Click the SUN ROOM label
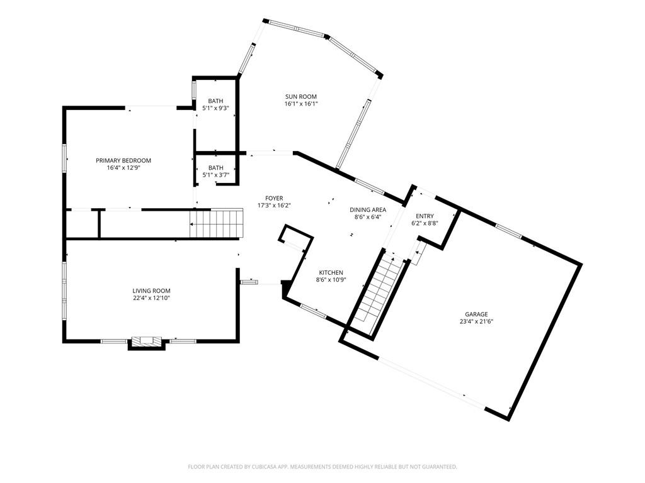pyautogui.click(x=300, y=97)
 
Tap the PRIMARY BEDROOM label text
pyautogui.click(x=123, y=160)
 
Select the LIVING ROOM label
pyautogui.click(x=151, y=291)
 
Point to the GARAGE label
pyautogui.click(x=476, y=314)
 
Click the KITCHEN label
pyautogui.click(x=330, y=272)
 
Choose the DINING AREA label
pyautogui.click(x=368, y=209)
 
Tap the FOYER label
pyautogui.click(x=274, y=198)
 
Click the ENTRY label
pyautogui.click(x=425, y=216)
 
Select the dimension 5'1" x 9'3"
pyautogui.click(x=215, y=108)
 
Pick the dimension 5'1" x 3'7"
pyautogui.click(x=215, y=175)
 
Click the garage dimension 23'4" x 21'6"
pyautogui.click(x=476, y=321)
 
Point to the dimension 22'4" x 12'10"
pyautogui.click(x=151, y=298)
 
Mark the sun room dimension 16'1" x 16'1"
pyautogui.click(x=300, y=104)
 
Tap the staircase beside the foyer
pyautogui.click(x=217, y=223)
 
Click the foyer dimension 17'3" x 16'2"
pyautogui.click(x=274, y=205)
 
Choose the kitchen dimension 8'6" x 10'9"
pyautogui.click(x=330, y=280)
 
